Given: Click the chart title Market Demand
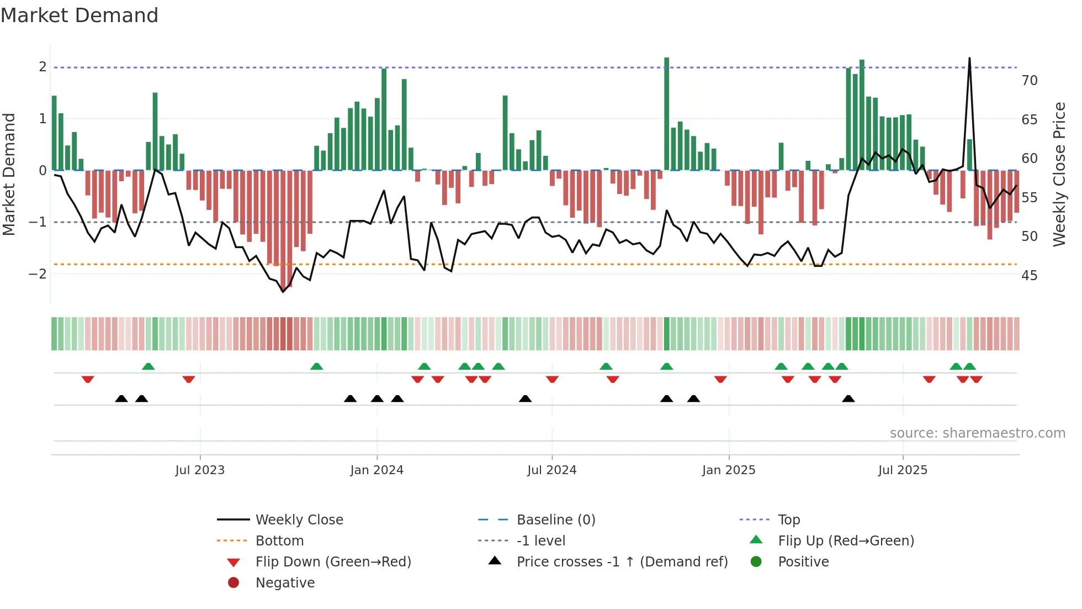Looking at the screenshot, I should coord(79,15).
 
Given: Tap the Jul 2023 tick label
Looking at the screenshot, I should coord(200,470).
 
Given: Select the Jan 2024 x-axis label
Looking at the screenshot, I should coord(376,470).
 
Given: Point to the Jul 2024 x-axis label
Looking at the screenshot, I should coord(551,470).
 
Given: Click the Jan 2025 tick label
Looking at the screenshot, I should coord(729,470).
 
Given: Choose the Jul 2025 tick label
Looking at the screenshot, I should coord(903,470).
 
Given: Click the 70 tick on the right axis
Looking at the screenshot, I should coord(1029,81).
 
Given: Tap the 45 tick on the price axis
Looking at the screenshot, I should coord(1029,275).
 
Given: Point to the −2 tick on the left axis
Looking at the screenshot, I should coord(38,274).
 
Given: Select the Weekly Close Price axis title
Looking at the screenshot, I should coord(1059,174).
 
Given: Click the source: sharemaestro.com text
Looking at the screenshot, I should coord(977,433).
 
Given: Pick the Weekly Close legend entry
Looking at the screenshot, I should coord(299,520).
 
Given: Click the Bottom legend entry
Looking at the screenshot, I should coord(279,541).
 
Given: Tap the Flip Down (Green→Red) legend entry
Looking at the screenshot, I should coord(333,562).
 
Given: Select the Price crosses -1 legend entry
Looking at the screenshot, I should coord(622,562).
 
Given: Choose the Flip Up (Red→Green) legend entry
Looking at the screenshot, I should coord(846,541).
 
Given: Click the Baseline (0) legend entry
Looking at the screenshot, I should coord(555,520).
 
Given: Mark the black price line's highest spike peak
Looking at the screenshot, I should coord(969,59).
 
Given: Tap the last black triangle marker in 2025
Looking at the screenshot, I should coord(848,399).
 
